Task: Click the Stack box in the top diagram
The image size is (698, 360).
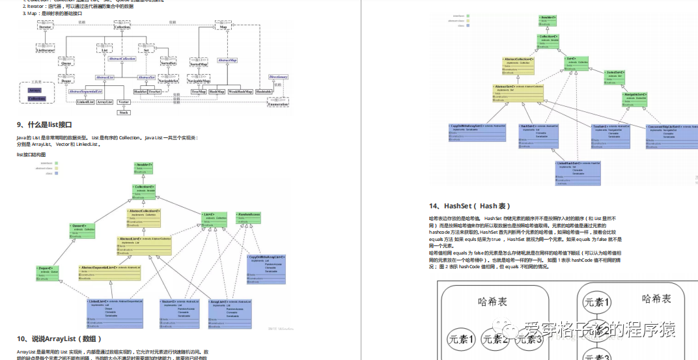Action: click(x=124, y=112)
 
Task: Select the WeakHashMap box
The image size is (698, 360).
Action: click(x=240, y=92)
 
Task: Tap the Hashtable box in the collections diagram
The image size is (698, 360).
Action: click(x=264, y=92)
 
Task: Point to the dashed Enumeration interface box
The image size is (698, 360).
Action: click(x=278, y=104)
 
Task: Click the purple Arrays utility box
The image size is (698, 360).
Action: click(x=35, y=90)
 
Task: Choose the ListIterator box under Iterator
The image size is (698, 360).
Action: click(x=46, y=50)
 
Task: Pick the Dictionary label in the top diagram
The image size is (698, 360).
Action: click(x=278, y=77)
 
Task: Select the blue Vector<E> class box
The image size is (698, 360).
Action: click(x=180, y=309)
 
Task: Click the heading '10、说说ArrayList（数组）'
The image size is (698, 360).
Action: click(x=59, y=339)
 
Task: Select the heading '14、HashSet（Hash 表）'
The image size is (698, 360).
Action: click(x=474, y=206)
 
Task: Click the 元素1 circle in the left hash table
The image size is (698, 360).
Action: click(x=462, y=339)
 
